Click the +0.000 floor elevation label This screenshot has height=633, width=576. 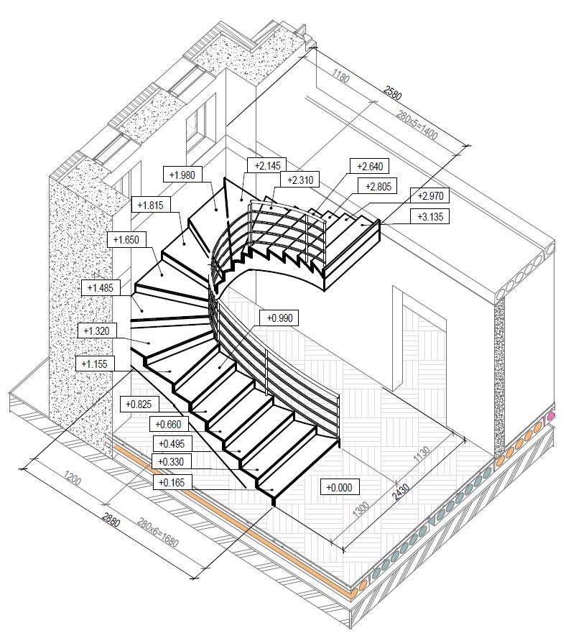(x=340, y=487)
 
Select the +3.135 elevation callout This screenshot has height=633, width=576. (x=430, y=217)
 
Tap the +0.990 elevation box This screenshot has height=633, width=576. (x=279, y=318)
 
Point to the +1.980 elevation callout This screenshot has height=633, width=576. (x=182, y=175)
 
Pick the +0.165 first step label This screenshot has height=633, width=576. (x=172, y=482)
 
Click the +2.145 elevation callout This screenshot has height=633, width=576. (x=267, y=165)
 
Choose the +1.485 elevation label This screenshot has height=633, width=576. (x=101, y=288)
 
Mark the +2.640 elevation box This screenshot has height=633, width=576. (x=370, y=166)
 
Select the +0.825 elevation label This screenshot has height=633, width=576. (x=139, y=404)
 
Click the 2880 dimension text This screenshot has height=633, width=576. (x=111, y=519)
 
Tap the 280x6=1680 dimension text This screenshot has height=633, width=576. (x=157, y=532)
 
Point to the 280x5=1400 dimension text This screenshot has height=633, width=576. (x=417, y=125)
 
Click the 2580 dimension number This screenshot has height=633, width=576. (x=392, y=93)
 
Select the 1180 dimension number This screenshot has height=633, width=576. (x=340, y=75)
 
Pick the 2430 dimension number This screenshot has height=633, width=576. (x=401, y=492)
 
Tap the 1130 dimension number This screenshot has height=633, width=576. (x=422, y=455)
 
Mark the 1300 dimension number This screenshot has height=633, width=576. (x=361, y=510)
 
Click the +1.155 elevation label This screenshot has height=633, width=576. (x=95, y=364)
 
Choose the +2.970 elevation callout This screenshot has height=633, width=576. (x=430, y=196)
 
